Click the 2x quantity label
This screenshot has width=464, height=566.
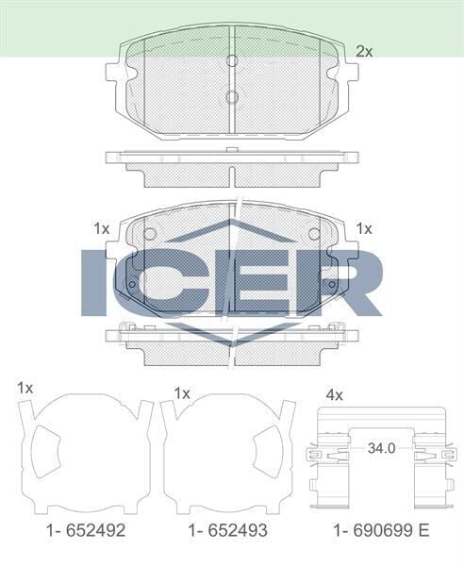pos(364,52)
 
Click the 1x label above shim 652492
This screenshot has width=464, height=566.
pos(25,389)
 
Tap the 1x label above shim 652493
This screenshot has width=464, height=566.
pos(183,391)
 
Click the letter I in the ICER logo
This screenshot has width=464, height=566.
pos(98,282)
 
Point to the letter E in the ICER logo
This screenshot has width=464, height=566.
pos(255,282)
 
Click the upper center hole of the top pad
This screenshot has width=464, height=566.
pos(232,61)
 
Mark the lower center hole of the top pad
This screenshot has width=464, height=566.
pos(232,96)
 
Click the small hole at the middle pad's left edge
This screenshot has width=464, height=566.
pos(132,287)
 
